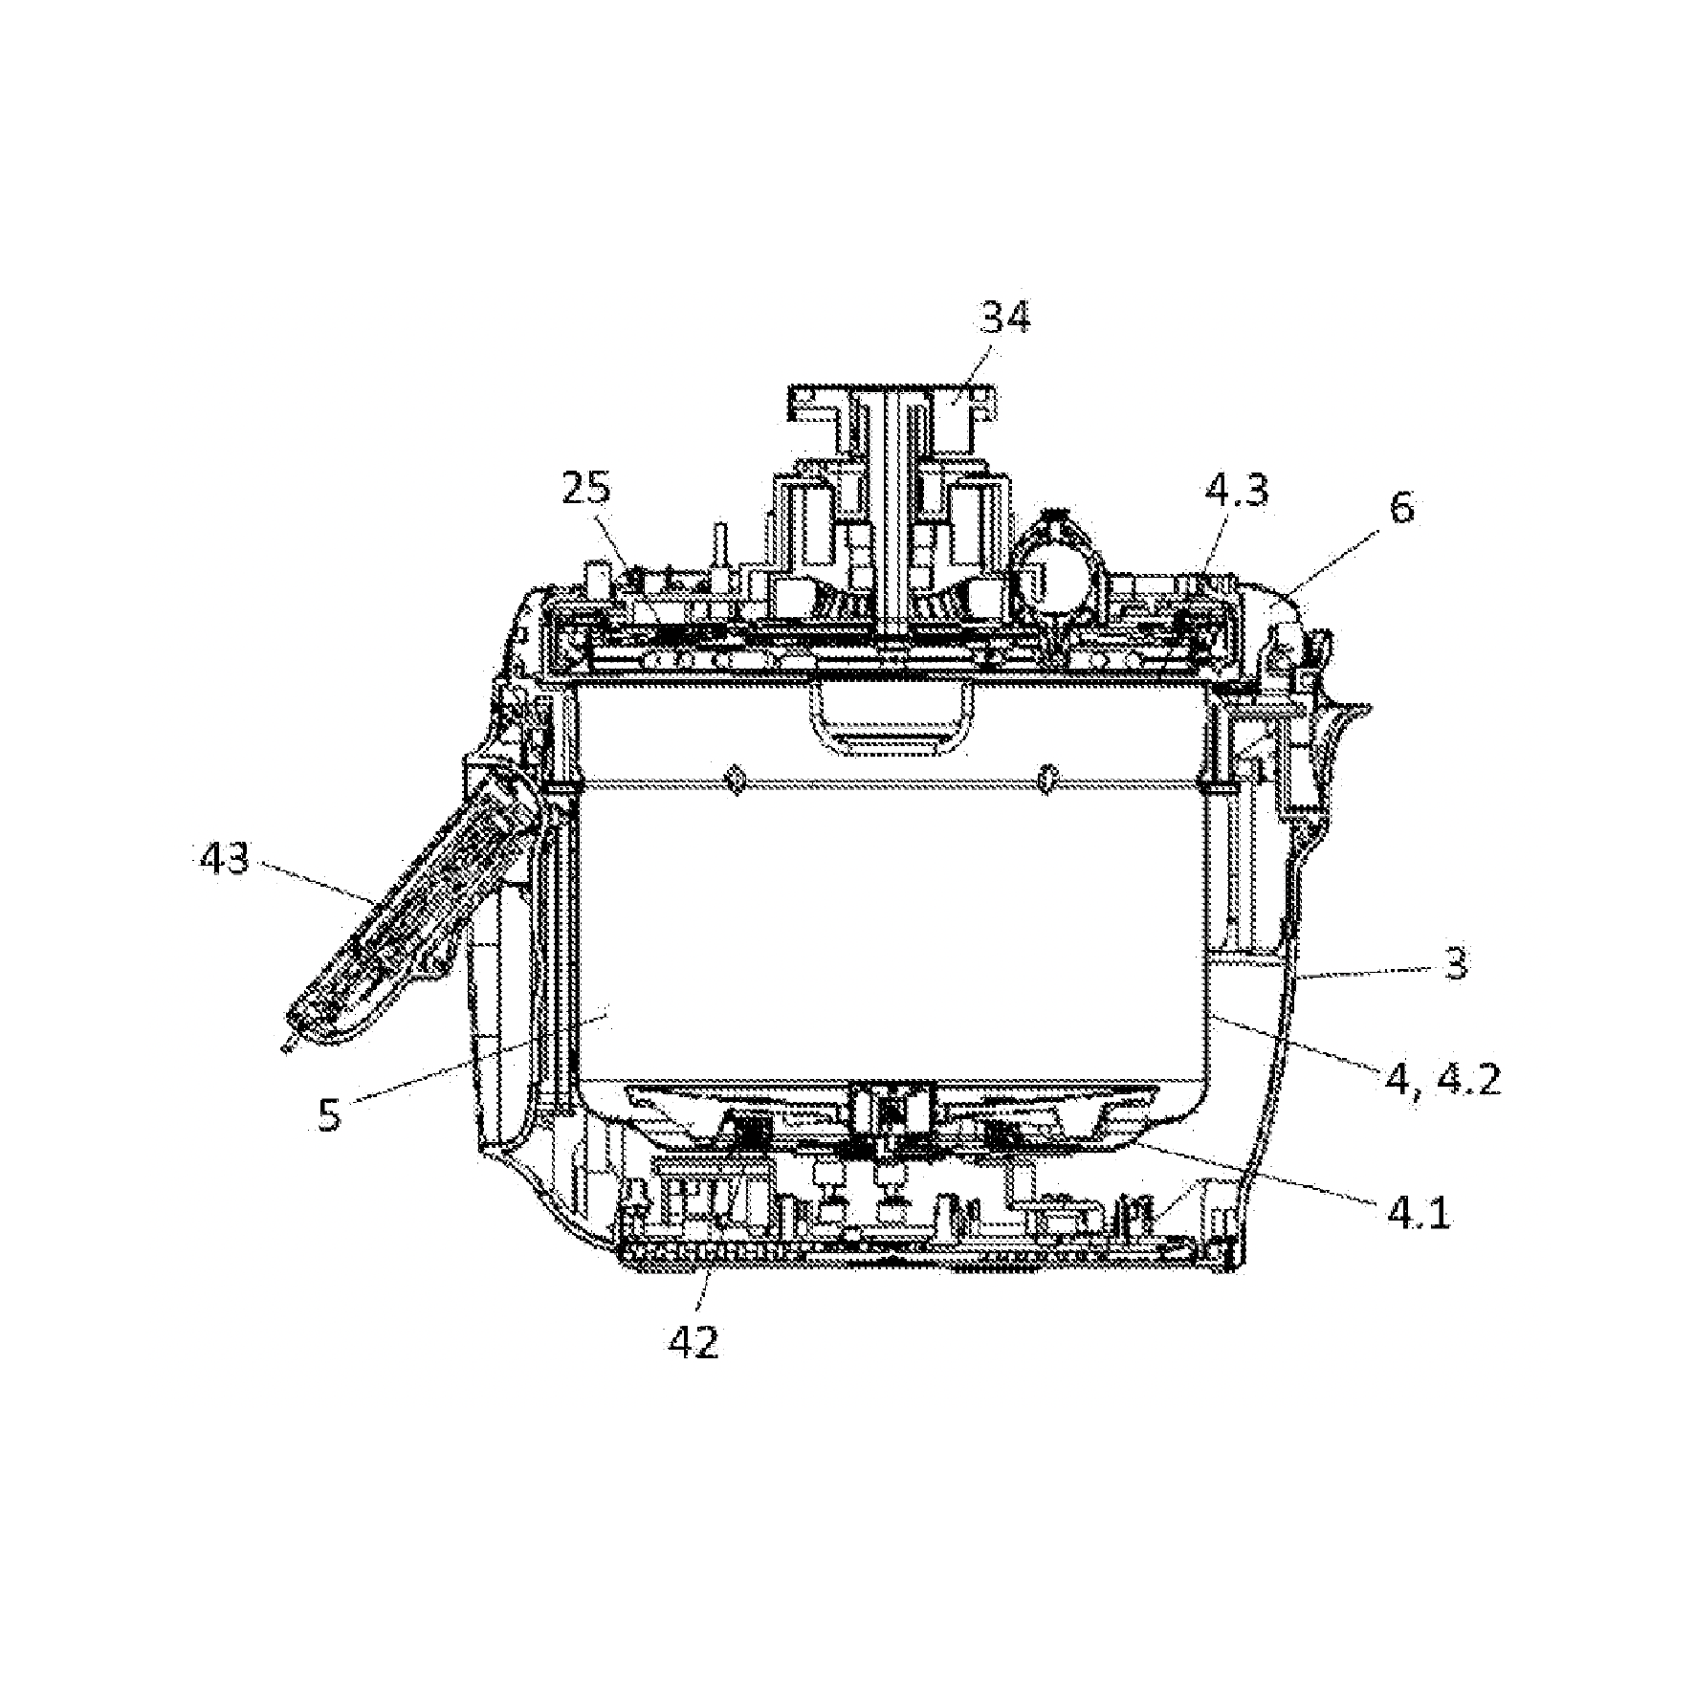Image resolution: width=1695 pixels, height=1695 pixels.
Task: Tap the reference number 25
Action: [584, 492]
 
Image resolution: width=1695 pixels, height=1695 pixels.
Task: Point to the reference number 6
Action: [1401, 508]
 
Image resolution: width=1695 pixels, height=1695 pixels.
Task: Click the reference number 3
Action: [1455, 964]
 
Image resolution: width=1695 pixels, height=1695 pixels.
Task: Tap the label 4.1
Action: [1418, 1214]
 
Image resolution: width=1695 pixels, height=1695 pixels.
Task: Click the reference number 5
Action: [330, 1114]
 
